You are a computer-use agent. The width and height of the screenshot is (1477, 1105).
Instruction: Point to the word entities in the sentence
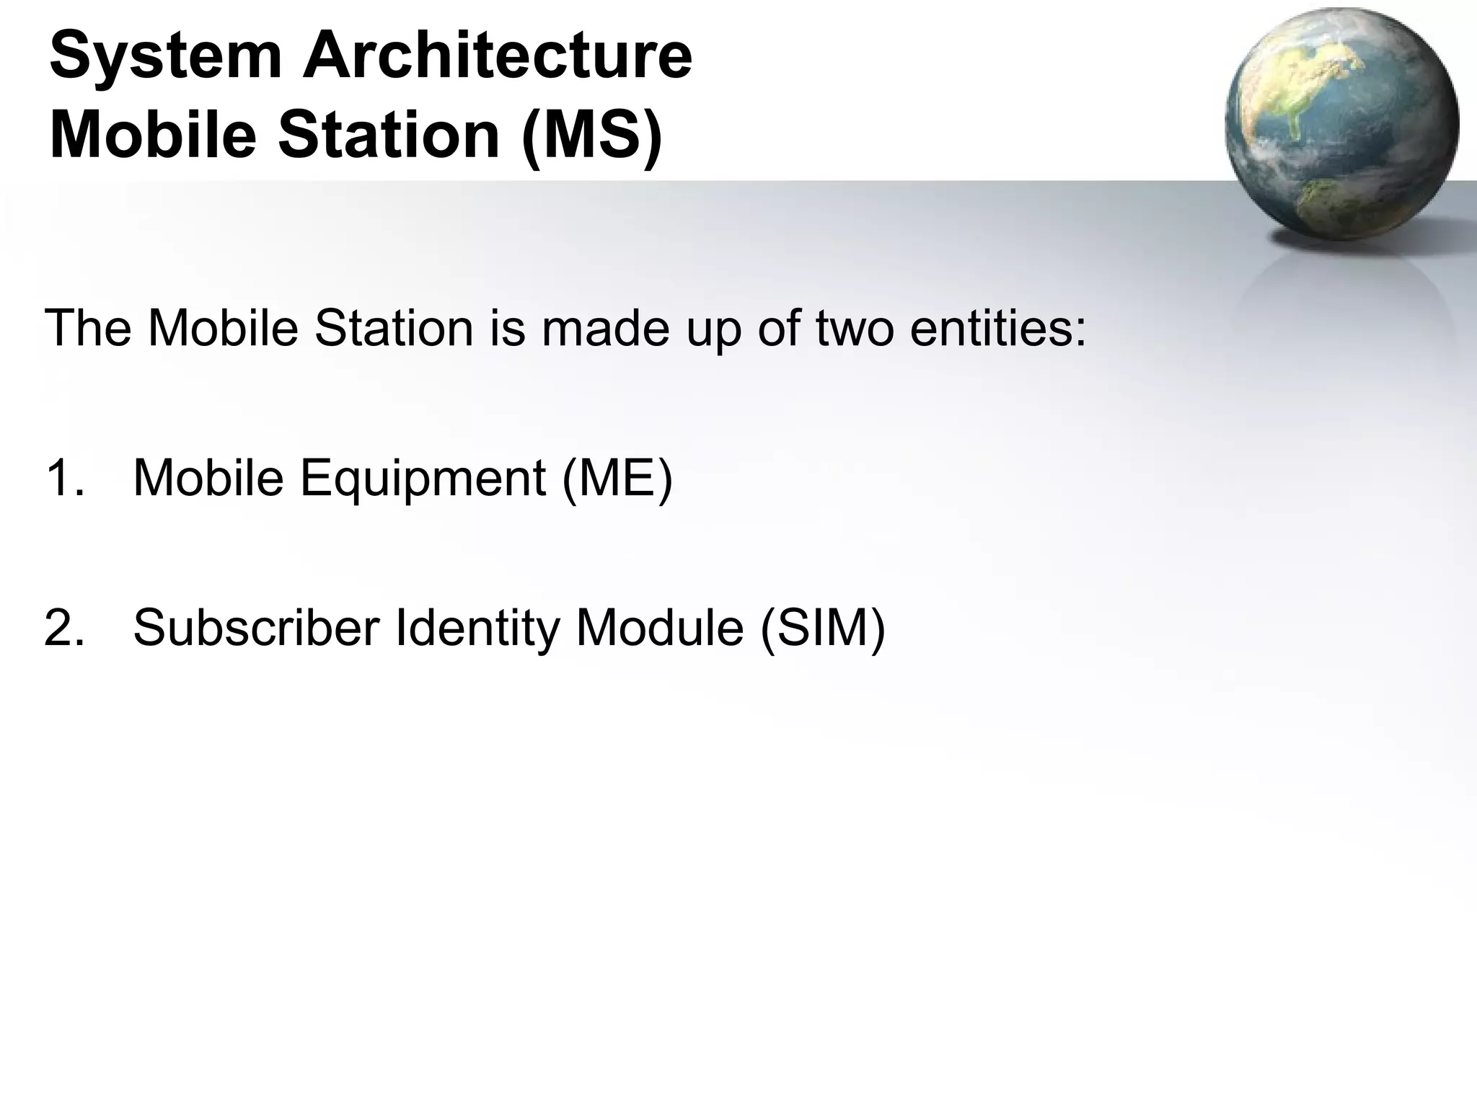tap(998, 328)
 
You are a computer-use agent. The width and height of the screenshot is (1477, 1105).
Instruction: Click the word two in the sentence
tap(855, 328)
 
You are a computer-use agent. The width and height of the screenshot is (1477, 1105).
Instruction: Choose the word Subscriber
tap(256, 628)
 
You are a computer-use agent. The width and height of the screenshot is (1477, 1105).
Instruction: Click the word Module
tap(659, 628)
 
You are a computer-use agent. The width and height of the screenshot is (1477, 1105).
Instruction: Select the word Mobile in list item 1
tap(208, 478)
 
